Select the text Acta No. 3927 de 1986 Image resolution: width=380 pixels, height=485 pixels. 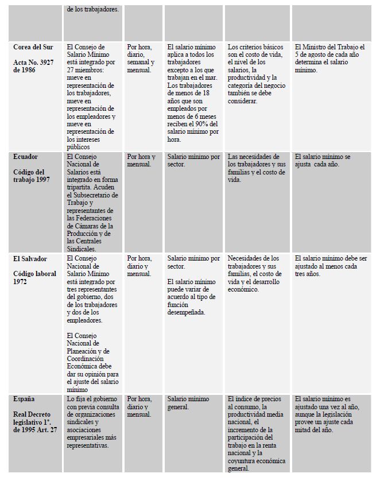pyautogui.click(x=35, y=66)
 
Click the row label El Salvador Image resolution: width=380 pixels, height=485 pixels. pyautogui.click(x=30, y=258)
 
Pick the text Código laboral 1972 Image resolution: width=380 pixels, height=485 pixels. pyautogui.click(x=34, y=278)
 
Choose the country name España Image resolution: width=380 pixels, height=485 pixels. pyautogui.click(x=25, y=399)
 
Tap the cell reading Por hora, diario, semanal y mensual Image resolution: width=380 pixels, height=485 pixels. pyautogui.click(x=141, y=59)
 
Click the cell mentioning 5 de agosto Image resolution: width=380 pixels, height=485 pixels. pyautogui.click(x=329, y=59)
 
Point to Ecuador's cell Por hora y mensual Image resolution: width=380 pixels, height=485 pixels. pyautogui.click(x=139, y=160)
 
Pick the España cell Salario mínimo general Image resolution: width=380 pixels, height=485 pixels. pyautogui.click(x=188, y=403)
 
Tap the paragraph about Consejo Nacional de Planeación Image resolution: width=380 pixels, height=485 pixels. pyautogui.click(x=92, y=362)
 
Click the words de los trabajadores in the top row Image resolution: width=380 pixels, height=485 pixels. pyautogui.click(x=93, y=9)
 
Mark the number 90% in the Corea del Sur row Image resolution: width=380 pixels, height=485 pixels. pyautogui.click(x=197, y=123)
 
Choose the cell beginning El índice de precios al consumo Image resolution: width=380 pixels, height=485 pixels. pyautogui.click(x=257, y=433)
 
